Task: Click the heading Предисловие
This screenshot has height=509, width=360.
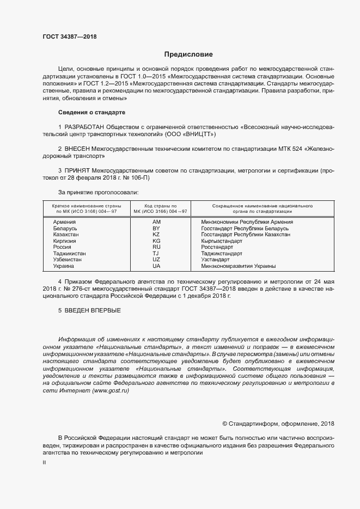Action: (189, 54)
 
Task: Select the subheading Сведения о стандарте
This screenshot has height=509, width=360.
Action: (91, 112)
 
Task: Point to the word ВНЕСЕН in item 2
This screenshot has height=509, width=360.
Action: (80, 148)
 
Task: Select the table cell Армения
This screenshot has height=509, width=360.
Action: (64, 222)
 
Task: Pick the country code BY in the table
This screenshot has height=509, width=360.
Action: (156, 229)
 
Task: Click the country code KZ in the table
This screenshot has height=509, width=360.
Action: (156, 235)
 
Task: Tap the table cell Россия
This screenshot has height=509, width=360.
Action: (62, 247)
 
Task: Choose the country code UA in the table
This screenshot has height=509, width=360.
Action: (156, 266)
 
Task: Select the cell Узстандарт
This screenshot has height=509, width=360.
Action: (215, 260)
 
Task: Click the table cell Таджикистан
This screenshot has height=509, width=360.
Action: (69, 254)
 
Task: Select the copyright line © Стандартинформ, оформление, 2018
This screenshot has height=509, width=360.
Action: (279, 424)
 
